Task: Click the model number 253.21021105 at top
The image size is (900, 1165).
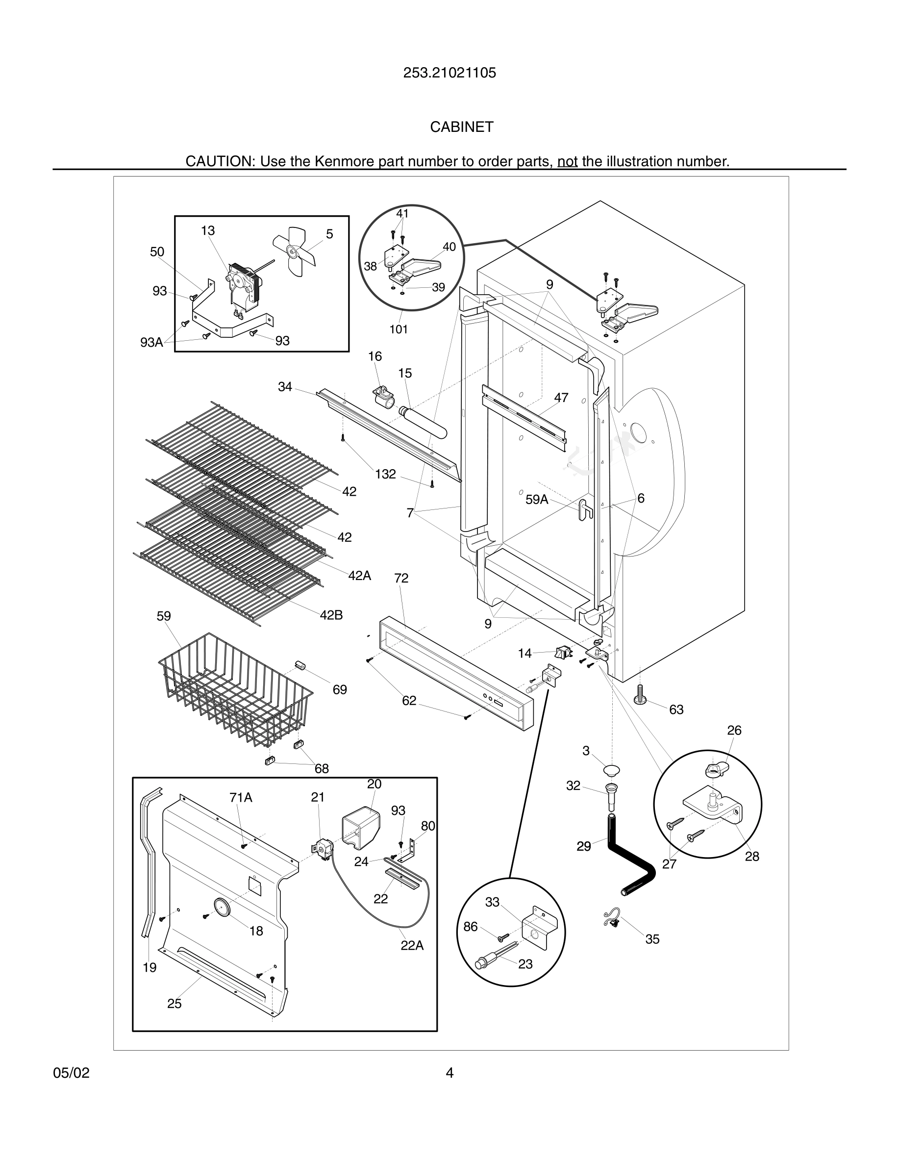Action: [x=450, y=73]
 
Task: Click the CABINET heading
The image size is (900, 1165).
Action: [x=462, y=127]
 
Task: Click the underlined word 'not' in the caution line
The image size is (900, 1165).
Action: [x=567, y=161]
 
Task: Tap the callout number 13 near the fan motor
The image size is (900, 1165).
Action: [x=207, y=230]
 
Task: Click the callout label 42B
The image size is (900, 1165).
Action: [x=331, y=615]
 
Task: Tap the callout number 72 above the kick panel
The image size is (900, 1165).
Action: [x=401, y=578]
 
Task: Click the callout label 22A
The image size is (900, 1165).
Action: [x=412, y=945]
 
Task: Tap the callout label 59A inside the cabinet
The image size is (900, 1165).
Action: [x=536, y=499]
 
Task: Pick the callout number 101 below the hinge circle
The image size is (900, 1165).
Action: [x=398, y=329]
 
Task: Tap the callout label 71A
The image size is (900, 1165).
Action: [x=241, y=797]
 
